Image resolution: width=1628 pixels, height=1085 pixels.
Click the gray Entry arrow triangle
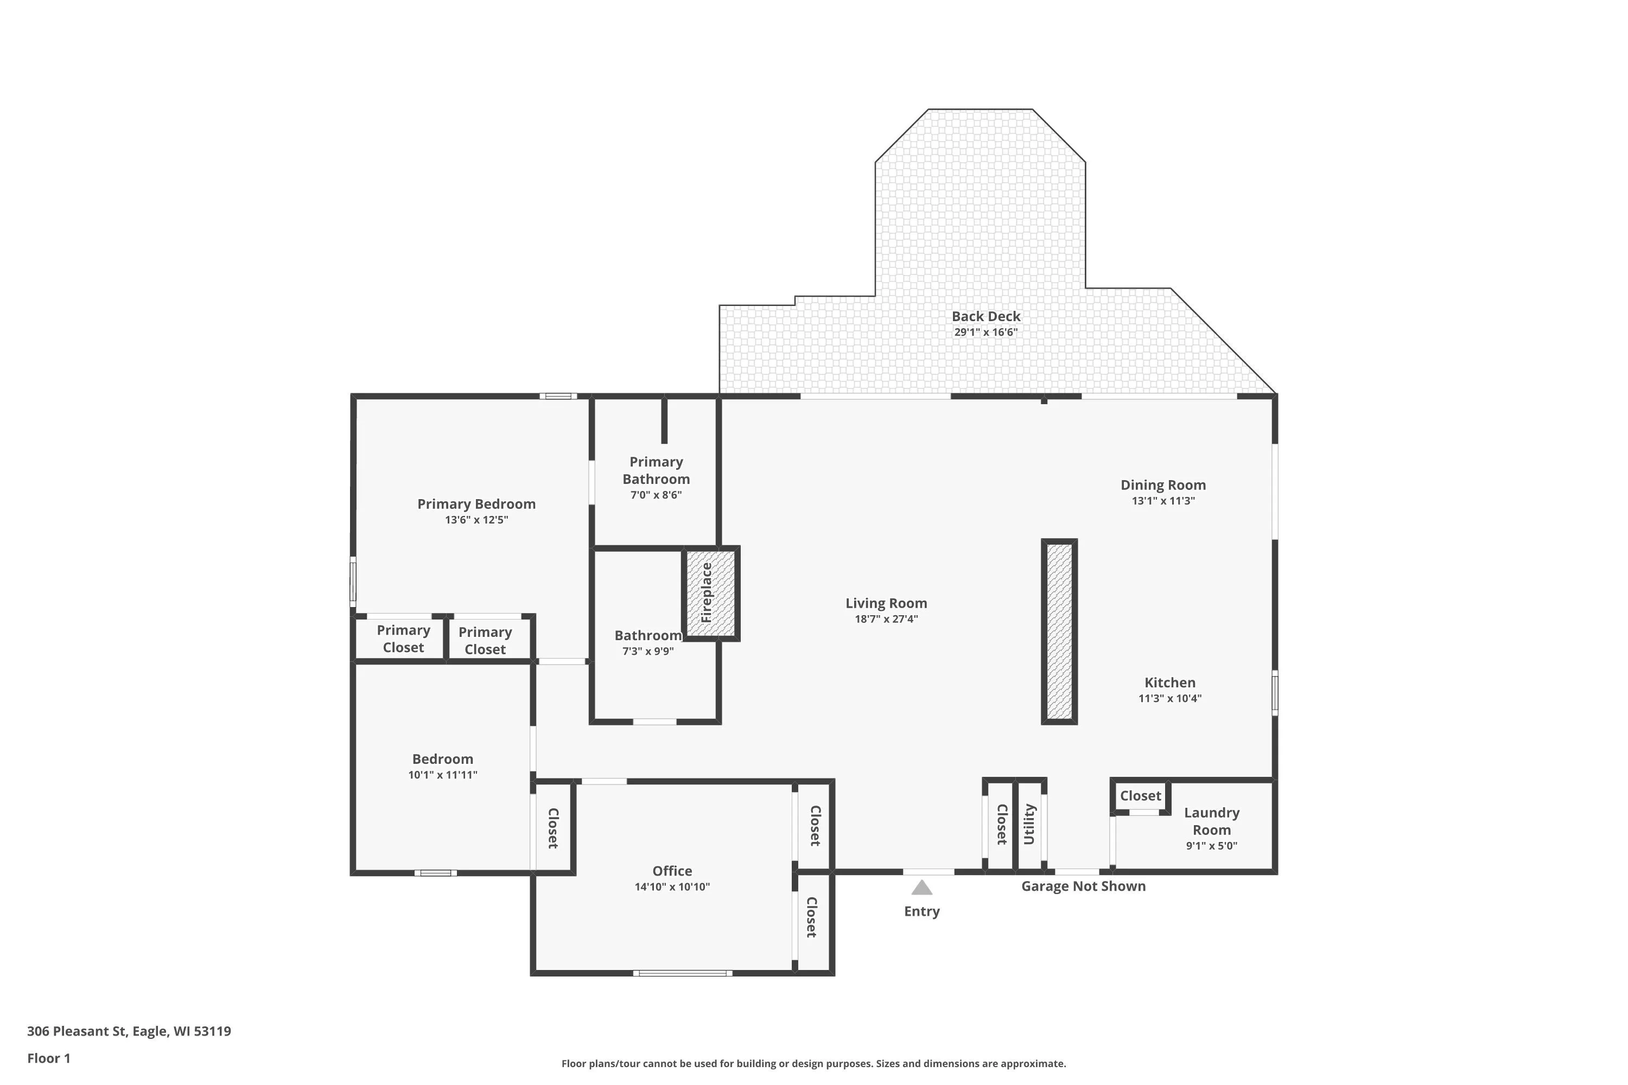(x=921, y=887)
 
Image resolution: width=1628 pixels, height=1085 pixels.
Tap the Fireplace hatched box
(x=711, y=593)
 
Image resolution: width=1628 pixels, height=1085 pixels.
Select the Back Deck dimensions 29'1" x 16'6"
(x=985, y=332)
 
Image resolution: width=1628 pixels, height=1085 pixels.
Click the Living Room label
(x=886, y=603)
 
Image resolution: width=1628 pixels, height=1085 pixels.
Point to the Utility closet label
(x=1029, y=824)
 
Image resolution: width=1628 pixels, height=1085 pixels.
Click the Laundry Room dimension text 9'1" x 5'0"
(x=1211, y=846)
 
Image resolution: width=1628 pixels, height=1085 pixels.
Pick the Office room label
(x=672, y=871)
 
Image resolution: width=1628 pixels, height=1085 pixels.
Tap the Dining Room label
(x=1163, y=485)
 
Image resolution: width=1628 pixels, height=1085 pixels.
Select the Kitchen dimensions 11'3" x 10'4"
(x=1170, y=698)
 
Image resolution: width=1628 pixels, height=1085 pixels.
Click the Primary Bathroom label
(x=656, y=470)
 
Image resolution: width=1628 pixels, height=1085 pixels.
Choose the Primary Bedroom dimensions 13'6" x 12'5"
(x=476, y=520)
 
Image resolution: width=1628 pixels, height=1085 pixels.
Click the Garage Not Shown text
(x=1083, y=886)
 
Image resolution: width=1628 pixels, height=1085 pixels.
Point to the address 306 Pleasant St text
(x=77, y=1031)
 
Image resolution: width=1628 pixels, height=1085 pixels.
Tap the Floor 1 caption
(x=48, y=1058)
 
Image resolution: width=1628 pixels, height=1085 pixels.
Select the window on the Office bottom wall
(x=683, y=973)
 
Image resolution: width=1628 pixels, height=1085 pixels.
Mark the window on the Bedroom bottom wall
(x=435, y=872)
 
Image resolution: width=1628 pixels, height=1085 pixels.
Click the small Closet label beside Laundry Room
(x=1141, y=796)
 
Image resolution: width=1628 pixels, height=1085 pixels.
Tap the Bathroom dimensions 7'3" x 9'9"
(x=648, y=651)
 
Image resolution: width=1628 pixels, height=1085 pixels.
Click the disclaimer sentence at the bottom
(x=813, y=1063)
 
